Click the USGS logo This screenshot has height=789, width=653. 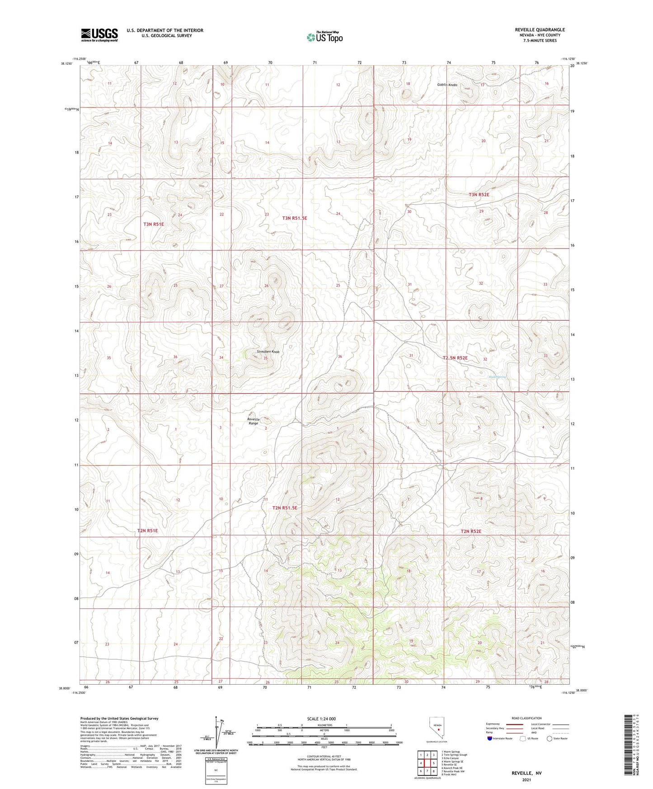click(x=99, y=34)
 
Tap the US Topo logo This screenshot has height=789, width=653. click(x=324, y=37)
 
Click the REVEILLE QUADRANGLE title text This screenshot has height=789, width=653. click(x=540, y=30)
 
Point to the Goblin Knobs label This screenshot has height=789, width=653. click(x=447, y=85)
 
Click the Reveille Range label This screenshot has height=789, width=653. click(x=253, y=421)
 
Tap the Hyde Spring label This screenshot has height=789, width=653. click(x=497, y=376)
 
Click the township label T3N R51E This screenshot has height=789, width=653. click(x=154, y=224)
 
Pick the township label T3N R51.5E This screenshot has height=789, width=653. click(x=294, y=218)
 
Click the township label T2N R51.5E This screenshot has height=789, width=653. click(x=285, y=507)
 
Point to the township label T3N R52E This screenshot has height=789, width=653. click(x=479, y=195)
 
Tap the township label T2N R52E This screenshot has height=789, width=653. click(x=471, y=531)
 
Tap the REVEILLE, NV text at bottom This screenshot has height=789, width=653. click(x=526, y=773)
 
